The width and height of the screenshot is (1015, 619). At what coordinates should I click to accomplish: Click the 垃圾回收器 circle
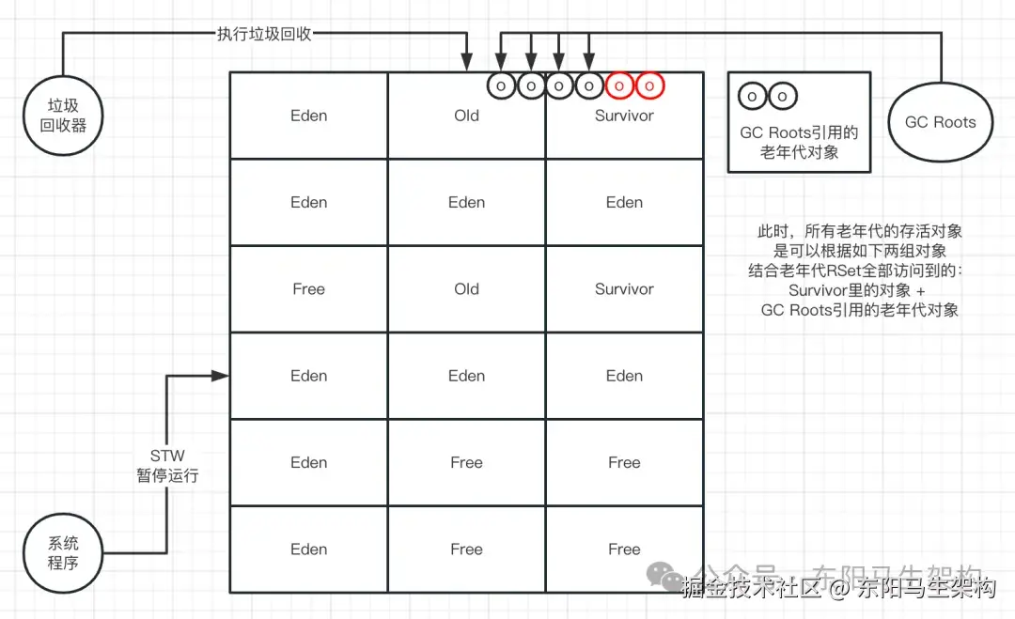pyautogui.click(x=62, y=116)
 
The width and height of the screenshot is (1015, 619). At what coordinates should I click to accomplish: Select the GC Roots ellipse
pyautogui.click(x=940, y=122)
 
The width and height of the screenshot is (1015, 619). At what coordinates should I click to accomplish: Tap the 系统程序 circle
pyautogui.click(x=62, y=553)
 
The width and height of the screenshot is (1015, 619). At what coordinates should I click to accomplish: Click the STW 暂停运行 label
pyautogui.click(x=167, y=466)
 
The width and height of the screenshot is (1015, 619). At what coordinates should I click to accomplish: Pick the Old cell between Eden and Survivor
pyautogui.click(x=466, y=116)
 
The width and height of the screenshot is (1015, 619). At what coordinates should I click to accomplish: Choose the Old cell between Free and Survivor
pyautogui.click(x=466, y=289)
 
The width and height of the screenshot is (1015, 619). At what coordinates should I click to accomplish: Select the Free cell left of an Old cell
pyautogui.click(x=308, y=289)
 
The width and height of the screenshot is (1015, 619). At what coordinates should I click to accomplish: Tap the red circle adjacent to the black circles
pyautogui.click(x=620, y=85)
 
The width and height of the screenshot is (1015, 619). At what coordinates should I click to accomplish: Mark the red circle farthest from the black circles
pyautogui.click(x=649, y=85)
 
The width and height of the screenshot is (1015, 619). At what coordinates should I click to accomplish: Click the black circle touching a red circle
pyautogui.click(x=589, y=85)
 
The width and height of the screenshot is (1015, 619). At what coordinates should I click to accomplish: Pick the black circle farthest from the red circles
pyautogui.click(x=502, y=85)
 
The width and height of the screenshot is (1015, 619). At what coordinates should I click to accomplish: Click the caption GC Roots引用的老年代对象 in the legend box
pyautogui.click(x=799, y=142)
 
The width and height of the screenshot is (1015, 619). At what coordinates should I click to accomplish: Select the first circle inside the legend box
pyautogui.click(x=754, y=97)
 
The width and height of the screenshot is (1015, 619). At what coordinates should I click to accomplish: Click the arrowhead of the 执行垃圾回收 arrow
pyautogui.click(x=467, y=65)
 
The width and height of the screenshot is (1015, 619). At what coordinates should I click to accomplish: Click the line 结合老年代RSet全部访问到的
pyautogui.click(x=858, y=271)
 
